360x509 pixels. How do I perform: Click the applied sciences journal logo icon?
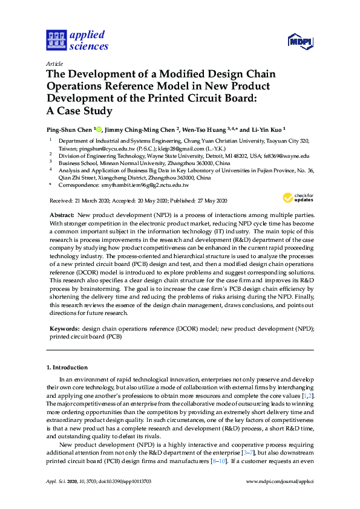click(56, 40)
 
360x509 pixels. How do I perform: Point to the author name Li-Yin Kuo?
click(268, 130)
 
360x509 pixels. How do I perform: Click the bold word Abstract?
click(62, 216)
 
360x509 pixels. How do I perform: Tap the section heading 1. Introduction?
click(68, 368)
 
